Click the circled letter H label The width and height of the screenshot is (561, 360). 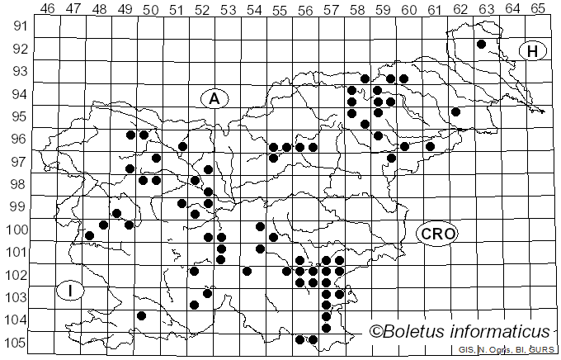point(533,51)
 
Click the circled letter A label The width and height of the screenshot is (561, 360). point(214,98)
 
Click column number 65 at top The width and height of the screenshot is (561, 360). point(537,9)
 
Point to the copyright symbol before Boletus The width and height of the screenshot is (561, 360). point(375,332)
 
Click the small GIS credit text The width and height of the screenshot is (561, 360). point(467,351)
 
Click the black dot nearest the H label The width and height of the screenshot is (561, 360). point(481,44)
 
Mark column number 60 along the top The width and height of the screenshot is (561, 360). point(408,9)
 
